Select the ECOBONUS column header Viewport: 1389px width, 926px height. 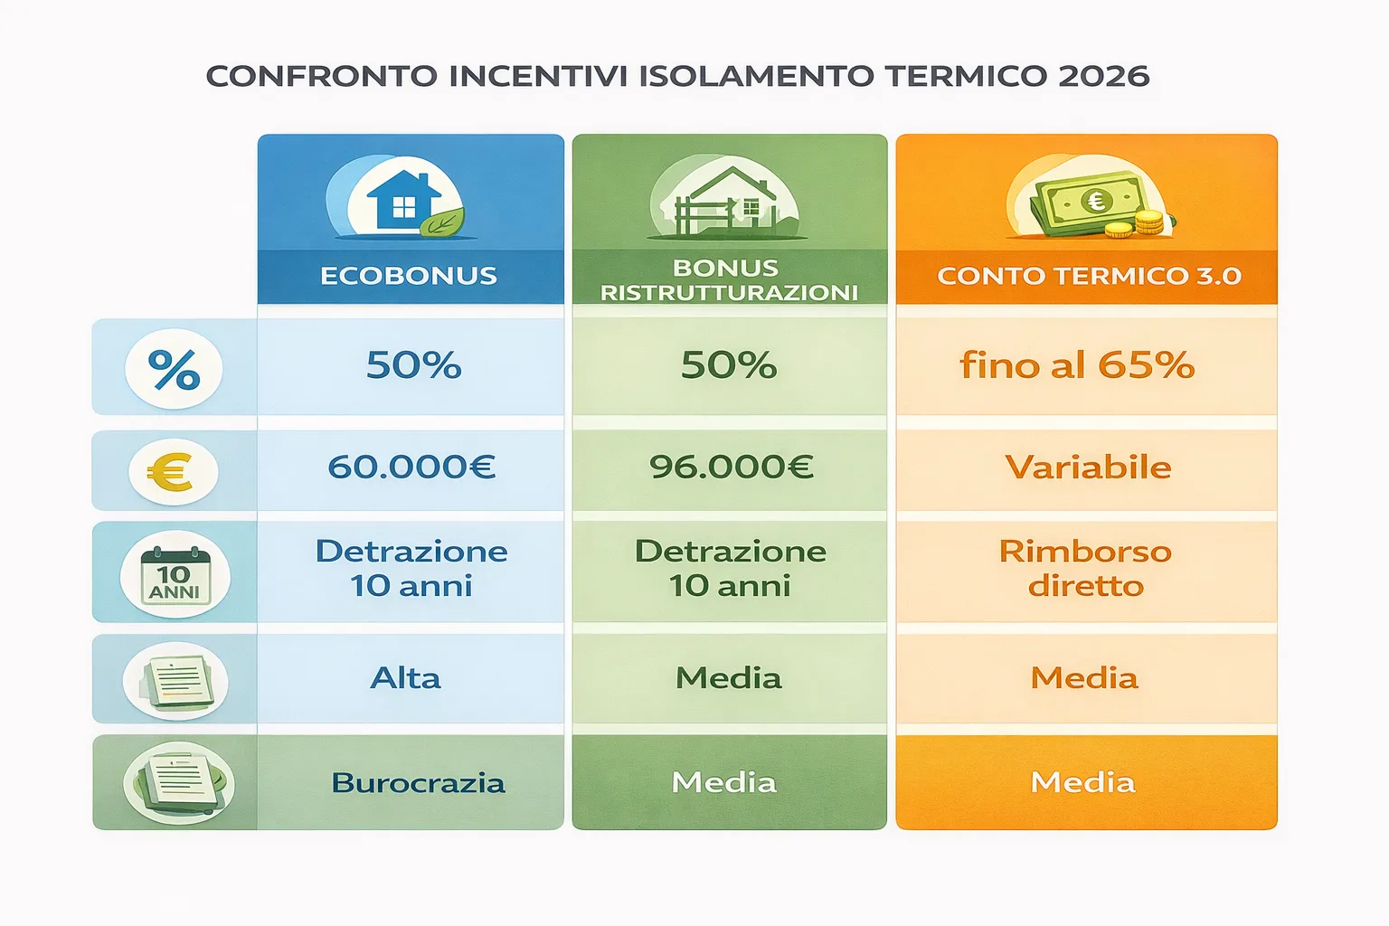[409, 276]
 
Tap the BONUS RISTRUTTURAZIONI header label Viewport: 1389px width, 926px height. [728, 279]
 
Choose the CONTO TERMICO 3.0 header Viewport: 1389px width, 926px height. [1089, 276]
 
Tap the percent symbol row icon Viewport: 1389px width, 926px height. [174, 370]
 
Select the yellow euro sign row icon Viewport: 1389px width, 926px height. [172, 471]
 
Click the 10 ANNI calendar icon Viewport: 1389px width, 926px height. [175, 575]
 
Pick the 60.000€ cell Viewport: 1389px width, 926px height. [411, 468]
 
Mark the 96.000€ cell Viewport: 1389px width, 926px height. [731, 468]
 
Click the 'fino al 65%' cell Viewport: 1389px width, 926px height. [1077, 365]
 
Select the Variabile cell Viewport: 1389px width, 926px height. [1088, 468]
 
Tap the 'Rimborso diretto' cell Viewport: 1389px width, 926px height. [1085, 569]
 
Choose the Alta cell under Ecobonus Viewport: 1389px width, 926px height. [406, 678]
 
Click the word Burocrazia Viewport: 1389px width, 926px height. [418, 783]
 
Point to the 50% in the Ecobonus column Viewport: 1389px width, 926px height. [413, 365]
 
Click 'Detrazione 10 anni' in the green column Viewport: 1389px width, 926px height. [730, 569]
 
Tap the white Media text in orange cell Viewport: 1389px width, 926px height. [1082, 782]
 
